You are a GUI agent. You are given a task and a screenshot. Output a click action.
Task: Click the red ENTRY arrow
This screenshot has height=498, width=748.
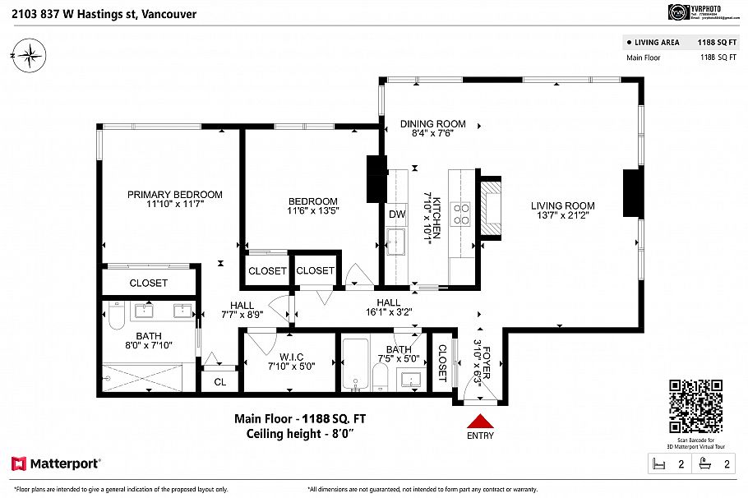tap(480, 420)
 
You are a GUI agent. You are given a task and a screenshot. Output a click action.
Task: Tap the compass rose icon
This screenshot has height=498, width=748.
tap(30, 56)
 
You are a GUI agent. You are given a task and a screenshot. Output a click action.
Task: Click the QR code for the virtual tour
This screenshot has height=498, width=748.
tap(695, 406)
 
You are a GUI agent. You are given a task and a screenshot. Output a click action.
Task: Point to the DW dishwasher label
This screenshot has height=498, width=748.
tap(397, 214)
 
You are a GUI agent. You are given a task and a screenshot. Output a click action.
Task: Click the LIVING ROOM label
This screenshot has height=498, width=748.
tap(562, 206)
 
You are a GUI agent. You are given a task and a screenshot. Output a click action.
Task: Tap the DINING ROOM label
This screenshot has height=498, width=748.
tap(432, 124)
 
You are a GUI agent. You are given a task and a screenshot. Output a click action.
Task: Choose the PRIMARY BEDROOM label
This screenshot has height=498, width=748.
tap(174, 195)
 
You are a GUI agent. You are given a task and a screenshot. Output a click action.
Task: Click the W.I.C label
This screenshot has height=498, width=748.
tap(292, 357)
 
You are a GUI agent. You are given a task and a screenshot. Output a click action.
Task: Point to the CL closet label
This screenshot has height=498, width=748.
tap(219, 381)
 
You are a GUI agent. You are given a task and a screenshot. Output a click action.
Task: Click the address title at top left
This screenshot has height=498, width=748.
tap(99, 13)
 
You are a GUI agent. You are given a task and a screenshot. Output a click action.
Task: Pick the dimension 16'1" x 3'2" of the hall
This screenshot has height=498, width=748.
tap(389, 312)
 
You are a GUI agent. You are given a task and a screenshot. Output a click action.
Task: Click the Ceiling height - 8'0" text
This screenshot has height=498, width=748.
tap(300, 433)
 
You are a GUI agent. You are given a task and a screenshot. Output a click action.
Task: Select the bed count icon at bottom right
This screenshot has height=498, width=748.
tap(658, 464)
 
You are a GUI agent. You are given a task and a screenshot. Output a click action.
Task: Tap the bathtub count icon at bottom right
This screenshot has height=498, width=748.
tap(704, 464)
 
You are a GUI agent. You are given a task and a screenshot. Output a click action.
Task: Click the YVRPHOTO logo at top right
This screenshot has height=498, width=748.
tap(678, 12)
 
